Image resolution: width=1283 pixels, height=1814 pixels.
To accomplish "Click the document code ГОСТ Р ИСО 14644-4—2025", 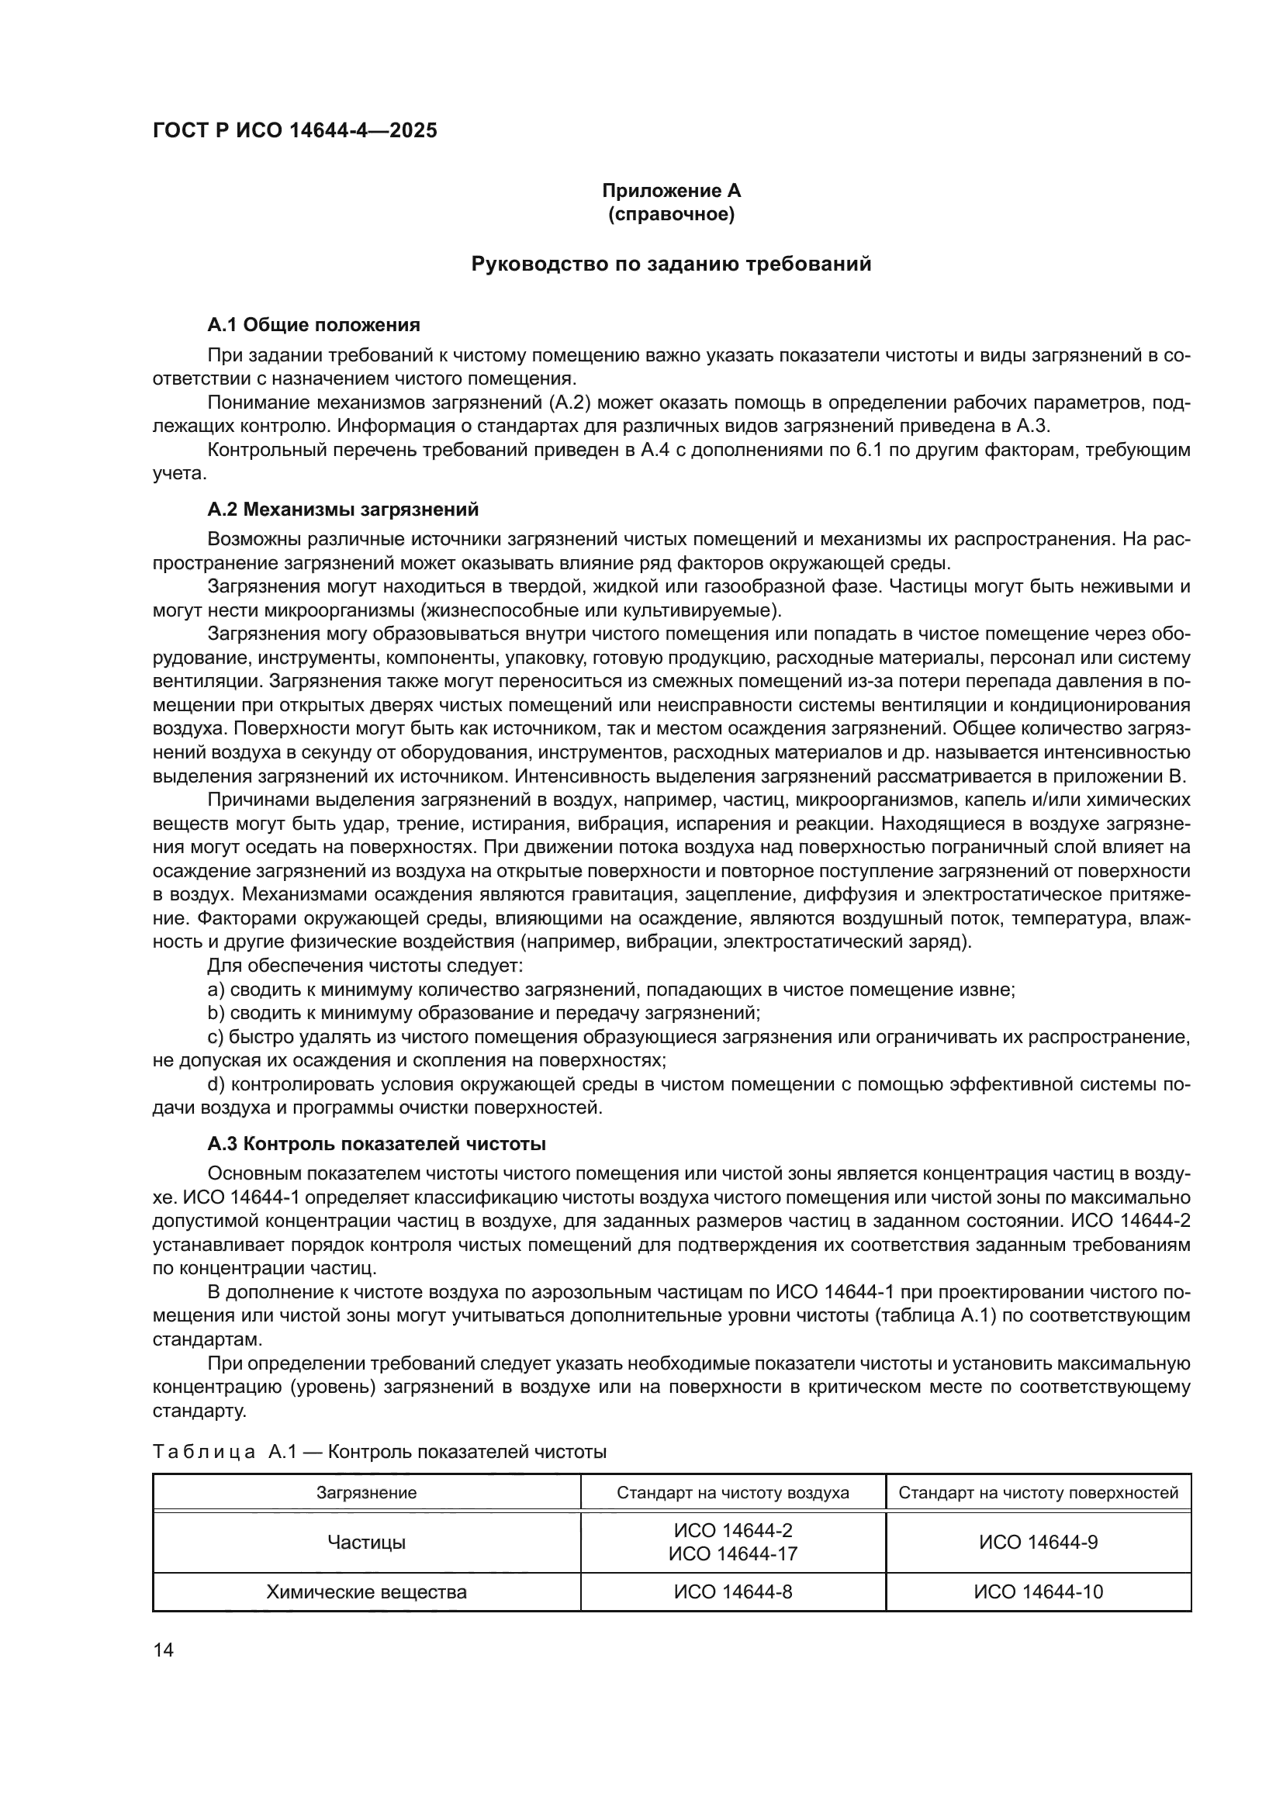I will pos(295,131).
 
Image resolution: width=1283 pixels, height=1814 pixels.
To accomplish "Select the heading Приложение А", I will pos(671,191).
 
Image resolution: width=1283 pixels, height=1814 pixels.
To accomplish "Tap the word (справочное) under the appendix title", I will pos(671,214).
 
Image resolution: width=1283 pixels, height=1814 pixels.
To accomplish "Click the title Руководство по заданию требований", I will pos(671,264).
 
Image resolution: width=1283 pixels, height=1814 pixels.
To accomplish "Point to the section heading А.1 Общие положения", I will pos(313,325).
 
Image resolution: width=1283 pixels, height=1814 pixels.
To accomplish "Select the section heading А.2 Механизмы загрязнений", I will pos(343,509).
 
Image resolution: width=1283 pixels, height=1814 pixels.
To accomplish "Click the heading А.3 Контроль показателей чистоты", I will pos(377,1144).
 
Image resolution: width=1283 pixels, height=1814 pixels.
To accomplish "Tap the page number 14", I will pos(164,1650).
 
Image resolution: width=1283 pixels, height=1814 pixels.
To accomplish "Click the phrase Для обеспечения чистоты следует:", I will pos(365,966).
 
